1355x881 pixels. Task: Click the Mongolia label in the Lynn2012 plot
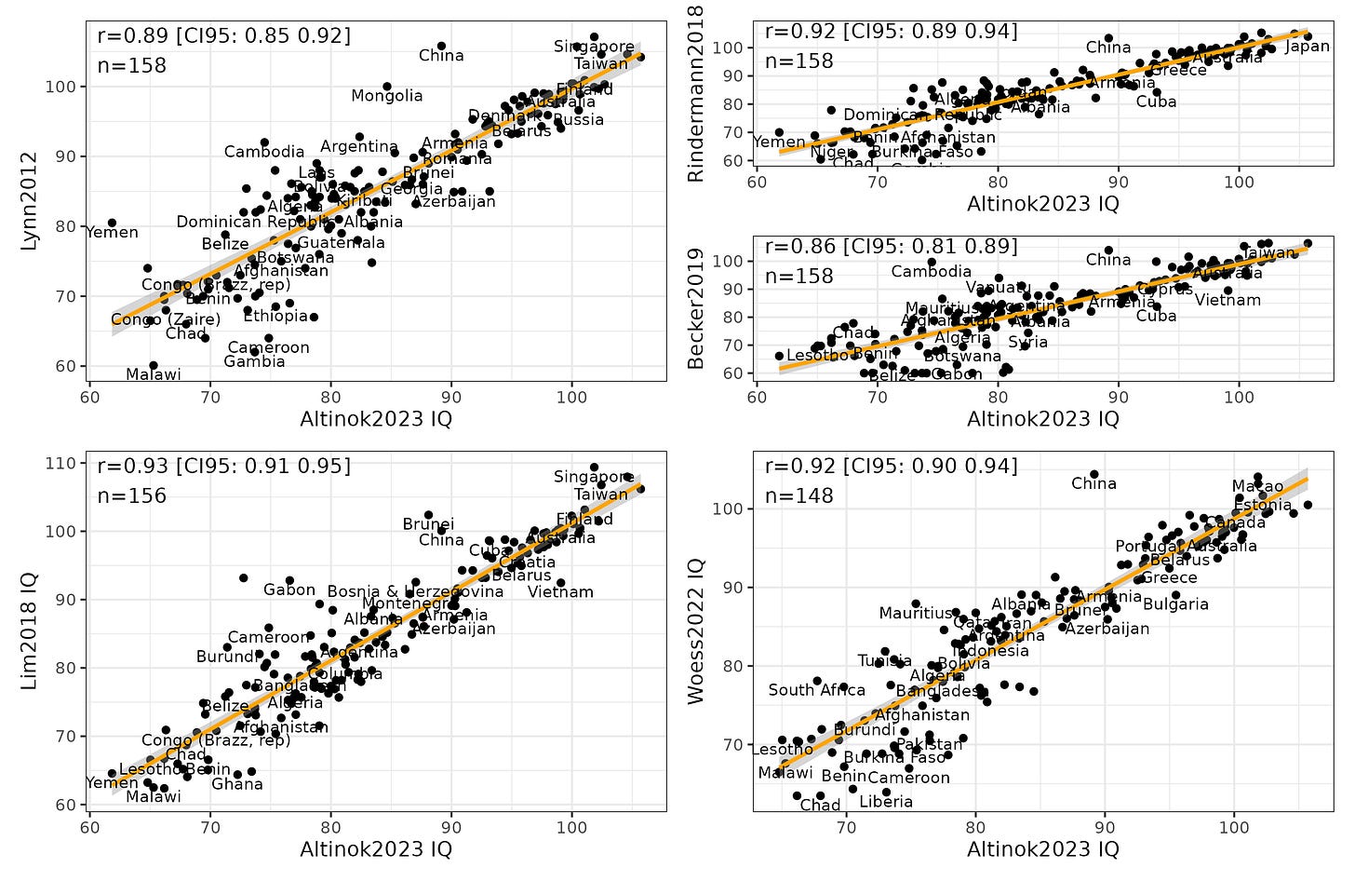click(386, 96)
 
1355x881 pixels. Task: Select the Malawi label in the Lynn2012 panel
click(154, 374)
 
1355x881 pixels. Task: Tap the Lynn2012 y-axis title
click(31, 201)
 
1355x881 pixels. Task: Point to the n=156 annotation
click(131, 495)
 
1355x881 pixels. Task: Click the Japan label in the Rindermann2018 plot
click(1307, 47)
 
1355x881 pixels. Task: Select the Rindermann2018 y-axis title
click(695, 93)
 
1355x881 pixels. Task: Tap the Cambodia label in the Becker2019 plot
click(931, 272)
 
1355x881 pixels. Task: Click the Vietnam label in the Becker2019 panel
click(1228, 300)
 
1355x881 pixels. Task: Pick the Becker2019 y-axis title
click(695, 308)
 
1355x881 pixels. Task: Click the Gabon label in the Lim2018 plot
click(289, 590)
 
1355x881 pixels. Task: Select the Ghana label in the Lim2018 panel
click(237, 784)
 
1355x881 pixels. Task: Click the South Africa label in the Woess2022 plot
click(816, 690)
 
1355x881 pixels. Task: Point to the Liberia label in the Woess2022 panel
click(885, 802)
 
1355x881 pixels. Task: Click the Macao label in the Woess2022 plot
click(1257, 486)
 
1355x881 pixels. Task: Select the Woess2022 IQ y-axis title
click(695, 631)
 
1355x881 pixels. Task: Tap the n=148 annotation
click(798, 495)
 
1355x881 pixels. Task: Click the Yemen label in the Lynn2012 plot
click(113, 233)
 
